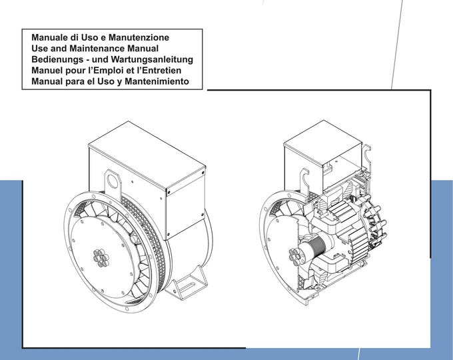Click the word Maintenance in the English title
(x=89, y=49)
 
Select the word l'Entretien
(x=164, y=71)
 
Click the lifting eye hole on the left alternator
(x=111, y=179)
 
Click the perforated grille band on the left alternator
(x=159, y=230)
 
